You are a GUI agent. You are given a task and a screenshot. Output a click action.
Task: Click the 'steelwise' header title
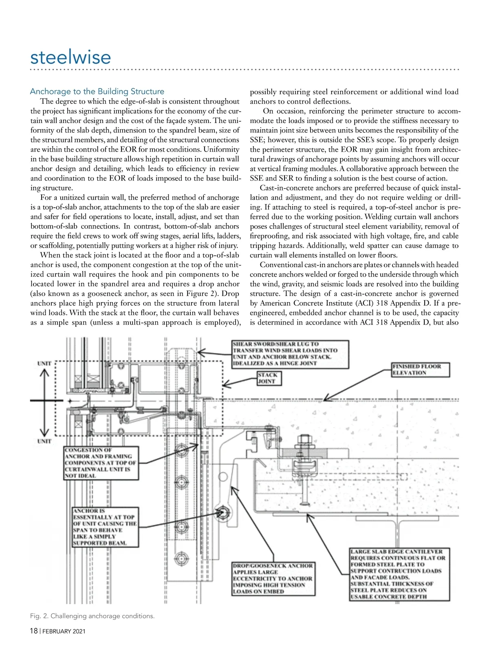[x=70, y=57]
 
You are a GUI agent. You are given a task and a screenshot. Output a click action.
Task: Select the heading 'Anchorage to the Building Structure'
[x=97, y=92]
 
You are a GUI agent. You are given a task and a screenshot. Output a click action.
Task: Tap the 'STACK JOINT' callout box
[x=269, y=378]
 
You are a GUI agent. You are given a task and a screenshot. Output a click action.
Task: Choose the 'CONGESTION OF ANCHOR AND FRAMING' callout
[x=101, y=463]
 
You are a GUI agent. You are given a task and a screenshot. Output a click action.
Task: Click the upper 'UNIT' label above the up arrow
[x=44, y=363]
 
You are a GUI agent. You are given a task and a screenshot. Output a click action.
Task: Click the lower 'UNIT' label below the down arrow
[x=44, y=441]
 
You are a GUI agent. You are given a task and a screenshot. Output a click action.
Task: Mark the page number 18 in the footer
[x=34, y=631]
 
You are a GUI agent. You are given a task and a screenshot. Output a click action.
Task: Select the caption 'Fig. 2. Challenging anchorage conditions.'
[x=93, y=616]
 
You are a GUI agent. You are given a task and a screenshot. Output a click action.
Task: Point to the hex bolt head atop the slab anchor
[x=304, y=439]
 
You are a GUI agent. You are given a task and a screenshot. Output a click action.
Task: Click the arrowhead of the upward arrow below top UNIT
[x=44, y=374]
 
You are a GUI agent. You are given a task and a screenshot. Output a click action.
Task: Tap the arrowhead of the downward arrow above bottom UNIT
[x=44, y=432]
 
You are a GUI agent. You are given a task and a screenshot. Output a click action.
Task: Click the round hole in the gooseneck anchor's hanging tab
[x=222, y=477]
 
